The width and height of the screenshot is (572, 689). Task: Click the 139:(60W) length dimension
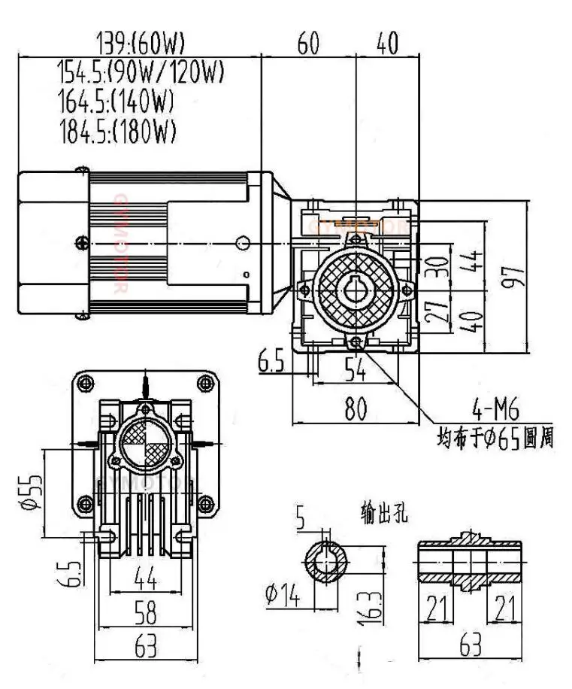click(141, 42)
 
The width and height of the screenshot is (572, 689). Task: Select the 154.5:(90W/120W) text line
click(141, 73)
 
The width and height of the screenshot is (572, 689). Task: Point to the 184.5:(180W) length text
click(117, 131)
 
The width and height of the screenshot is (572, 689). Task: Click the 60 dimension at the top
click(308, 44)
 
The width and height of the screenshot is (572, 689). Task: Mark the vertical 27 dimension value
click(435, 311)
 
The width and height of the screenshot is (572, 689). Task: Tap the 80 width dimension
click(356, 410)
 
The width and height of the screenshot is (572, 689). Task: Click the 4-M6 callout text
click(495, 411)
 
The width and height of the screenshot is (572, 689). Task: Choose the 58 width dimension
click(146, 615)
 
